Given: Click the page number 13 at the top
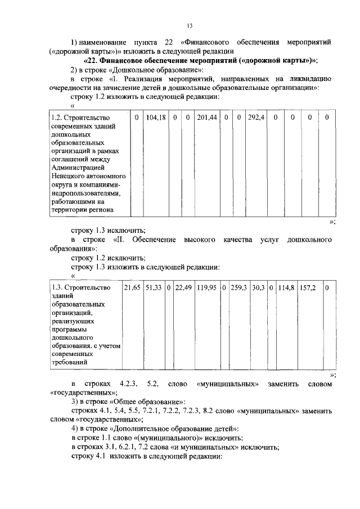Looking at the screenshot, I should [x=190, y=25].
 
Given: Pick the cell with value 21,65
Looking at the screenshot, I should [x=132, y=287].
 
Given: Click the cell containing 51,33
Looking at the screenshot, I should [x=154, y=287].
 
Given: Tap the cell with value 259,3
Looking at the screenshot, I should [x=239, y=287].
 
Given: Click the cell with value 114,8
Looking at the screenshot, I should [x=286, y=287].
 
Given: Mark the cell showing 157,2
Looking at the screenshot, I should [x=307, y=287].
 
